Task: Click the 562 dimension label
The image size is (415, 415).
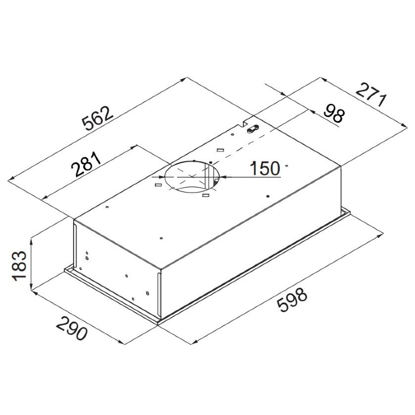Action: click(x=97, y=118)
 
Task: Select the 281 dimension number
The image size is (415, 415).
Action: click(x=86, y=164)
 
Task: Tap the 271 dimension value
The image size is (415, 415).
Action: click(x=371, y=94)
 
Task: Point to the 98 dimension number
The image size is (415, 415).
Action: click(x=334, y=113)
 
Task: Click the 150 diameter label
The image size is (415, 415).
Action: click(x=265, y=168)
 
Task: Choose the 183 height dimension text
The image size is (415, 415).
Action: click(x=19, y=266)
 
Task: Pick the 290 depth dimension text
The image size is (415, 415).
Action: click(x=71, y=328)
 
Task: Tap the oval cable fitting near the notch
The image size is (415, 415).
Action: click(x=252, y=129)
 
